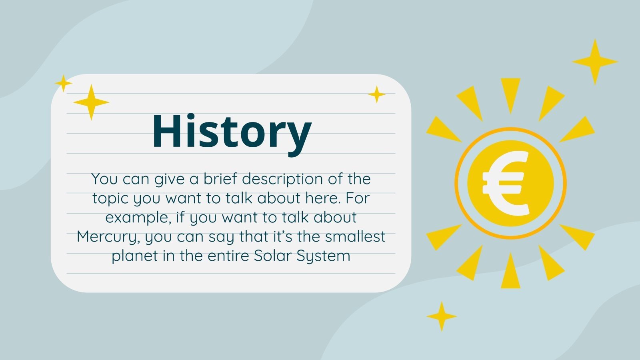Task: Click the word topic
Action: click(x=110, y=199)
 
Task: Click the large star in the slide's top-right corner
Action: click(x=595, y=62)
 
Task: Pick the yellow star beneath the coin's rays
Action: click(x=442, y=316)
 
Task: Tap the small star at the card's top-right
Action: click(x=376, y=94)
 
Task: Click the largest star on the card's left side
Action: click(x=91, y=102)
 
